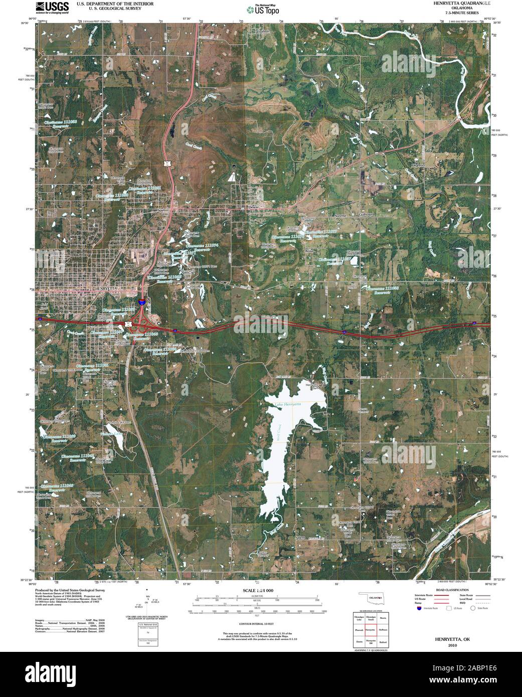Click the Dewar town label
coord(252,207)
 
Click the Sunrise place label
coord(341,215)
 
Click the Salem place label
coord(300,538)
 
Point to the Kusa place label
coord(309,249)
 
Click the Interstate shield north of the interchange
coord(142,302)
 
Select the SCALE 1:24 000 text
coord(258,591)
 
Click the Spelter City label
coord(164,211)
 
